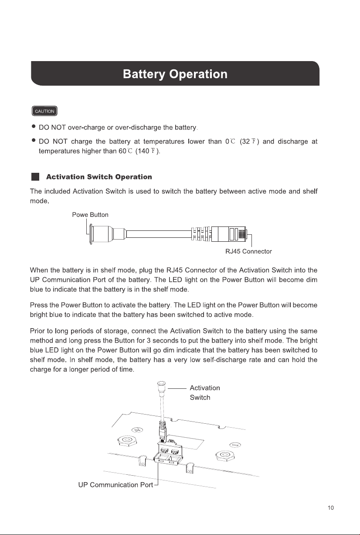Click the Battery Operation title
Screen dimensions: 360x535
175,74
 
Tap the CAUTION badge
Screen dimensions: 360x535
44,111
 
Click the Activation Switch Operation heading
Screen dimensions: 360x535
99,177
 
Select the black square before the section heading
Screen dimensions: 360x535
35,177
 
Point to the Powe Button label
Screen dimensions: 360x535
90,215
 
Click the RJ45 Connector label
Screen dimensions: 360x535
248,251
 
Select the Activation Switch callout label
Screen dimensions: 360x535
205,392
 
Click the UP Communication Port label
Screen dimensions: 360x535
115,485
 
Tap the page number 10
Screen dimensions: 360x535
331,508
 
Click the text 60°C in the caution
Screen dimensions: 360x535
125,151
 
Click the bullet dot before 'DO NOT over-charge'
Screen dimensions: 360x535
34,126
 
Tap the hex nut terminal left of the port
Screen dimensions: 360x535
127,441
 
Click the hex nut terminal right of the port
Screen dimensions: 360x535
225,455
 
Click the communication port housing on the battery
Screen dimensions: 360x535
168,453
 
